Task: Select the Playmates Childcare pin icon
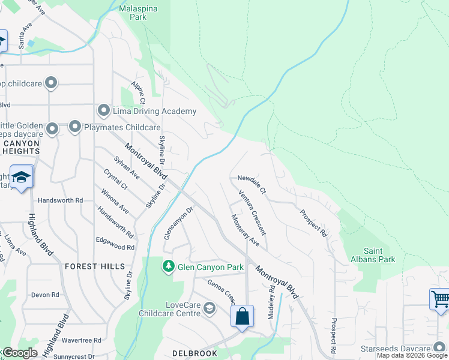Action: tap(75, 127)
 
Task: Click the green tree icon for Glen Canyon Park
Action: tap(169, 266)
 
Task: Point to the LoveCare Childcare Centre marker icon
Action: tap(209, 309)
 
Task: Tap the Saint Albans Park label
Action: tap(380, 255)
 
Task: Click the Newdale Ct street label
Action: tap(252, 178)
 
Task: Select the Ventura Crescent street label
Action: tap(252, 212)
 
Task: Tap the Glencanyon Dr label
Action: tap(178, 223)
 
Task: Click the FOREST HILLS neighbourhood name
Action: tap(95, 266)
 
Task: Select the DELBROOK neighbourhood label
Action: tap(194, 353)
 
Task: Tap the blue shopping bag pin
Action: tap(242, 316)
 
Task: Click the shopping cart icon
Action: tap(439, 298)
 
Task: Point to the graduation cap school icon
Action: tap(22, 178)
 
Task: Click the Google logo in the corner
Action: tap(20, 353)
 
